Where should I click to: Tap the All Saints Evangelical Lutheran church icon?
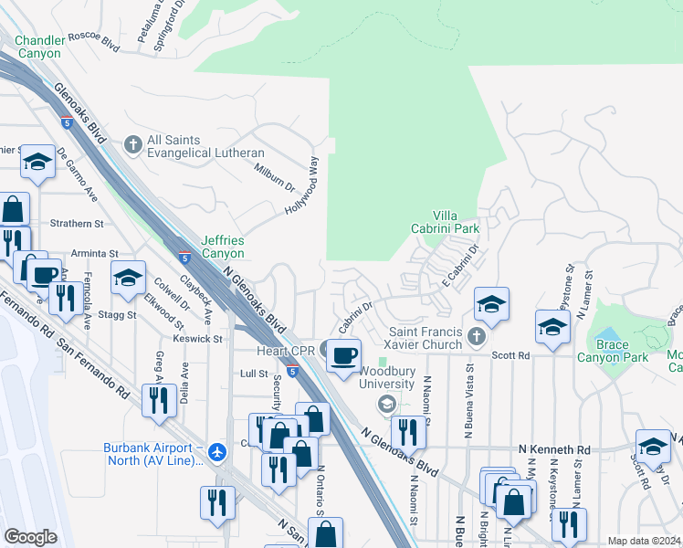(x=133, y=144)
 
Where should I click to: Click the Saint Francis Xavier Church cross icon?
(x=475, y=338)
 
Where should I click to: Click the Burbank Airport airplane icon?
(x=217, y=452)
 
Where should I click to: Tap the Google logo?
(x=31, y=537)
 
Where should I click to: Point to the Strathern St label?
(x=77, y=224)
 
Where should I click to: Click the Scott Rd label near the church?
(x=510, y=355)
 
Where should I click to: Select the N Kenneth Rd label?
(x=554, y=450)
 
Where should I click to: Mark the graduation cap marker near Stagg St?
(x=128, y=278)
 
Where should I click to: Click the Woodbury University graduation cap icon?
(x=386, y=405)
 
